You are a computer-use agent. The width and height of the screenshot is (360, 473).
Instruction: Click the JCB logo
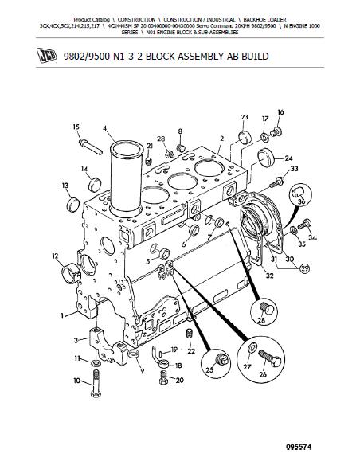46,56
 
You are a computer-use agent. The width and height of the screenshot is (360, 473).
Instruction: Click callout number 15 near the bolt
76,127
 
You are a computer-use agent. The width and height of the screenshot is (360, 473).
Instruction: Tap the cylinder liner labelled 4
126,178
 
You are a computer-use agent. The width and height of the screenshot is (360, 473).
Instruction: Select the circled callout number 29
305,268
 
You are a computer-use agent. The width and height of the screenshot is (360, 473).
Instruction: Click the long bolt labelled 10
95,384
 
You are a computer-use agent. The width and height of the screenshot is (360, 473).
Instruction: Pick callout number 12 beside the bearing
55,256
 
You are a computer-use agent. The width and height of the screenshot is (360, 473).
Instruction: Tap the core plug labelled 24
265,158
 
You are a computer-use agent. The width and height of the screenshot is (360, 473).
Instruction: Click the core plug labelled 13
72,205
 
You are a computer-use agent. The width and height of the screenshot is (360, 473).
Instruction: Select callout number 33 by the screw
294,169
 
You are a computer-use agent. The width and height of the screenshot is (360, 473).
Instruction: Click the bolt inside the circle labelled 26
269,358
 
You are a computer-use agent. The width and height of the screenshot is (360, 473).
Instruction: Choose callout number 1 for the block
62,315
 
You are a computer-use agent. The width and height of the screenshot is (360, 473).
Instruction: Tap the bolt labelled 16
276,131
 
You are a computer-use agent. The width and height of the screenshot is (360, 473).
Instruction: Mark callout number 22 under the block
191,351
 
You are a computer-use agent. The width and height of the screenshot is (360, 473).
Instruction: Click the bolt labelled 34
304,224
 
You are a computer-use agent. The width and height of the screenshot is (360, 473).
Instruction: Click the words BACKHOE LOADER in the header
264,20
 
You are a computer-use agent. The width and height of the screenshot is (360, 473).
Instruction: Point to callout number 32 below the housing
269,275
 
